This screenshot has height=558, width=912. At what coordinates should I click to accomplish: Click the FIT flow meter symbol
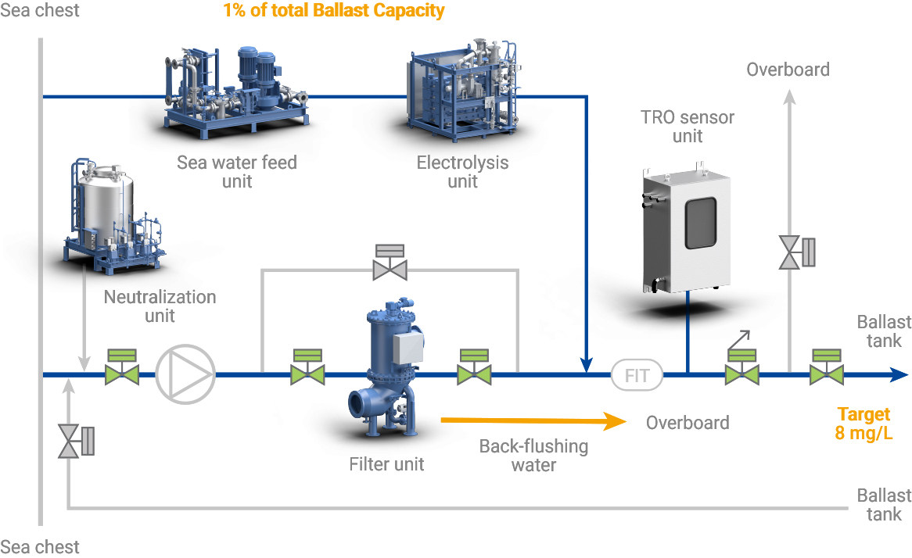click(637, 375)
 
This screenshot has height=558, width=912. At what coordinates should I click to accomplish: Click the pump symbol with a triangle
click(185, 374)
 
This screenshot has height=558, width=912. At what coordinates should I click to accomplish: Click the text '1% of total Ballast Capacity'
click(333, 11)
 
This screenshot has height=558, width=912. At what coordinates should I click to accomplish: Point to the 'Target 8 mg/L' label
click(864, 424)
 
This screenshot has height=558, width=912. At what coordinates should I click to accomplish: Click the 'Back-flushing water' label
click(533, 456)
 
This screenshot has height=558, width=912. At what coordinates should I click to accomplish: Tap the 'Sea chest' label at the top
click(39, 11)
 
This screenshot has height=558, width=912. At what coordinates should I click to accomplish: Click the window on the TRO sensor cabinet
click(701, 222)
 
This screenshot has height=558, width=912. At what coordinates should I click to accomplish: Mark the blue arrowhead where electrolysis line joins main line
click(585, 364)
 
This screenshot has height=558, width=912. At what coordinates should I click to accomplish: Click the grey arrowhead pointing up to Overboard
click(789, 98)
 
